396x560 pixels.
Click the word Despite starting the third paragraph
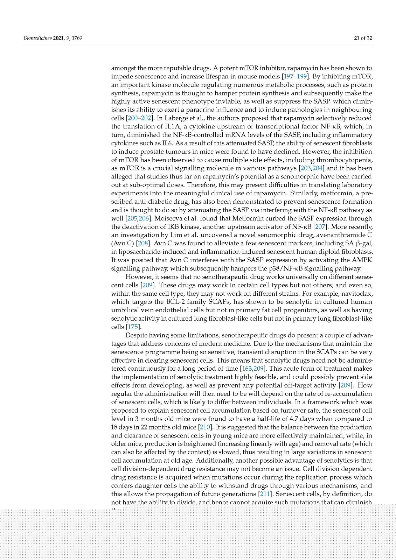(x=137, y=335)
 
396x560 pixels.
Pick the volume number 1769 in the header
(x=76, y=38)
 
